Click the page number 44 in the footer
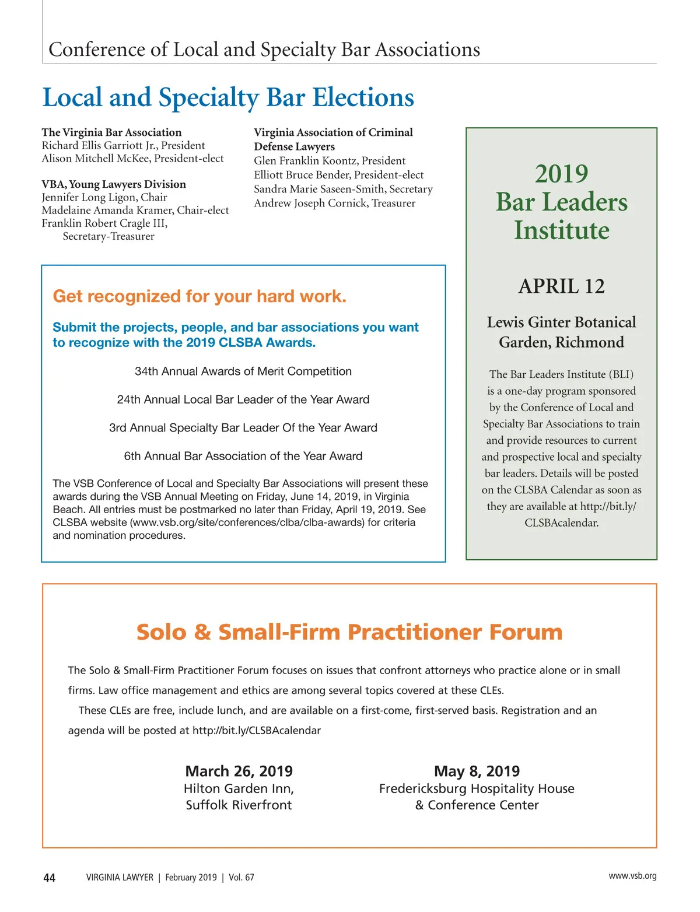click(x=50, y=878)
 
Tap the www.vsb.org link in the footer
click(x=632, y=876)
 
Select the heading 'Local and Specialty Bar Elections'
click(x=228, y=97)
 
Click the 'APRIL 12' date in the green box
click(x=561, y=286)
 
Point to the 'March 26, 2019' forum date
click(x=239, y=771)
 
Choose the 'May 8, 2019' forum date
click(x=477, y=771)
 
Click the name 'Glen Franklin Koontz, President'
click(x=330, y=160)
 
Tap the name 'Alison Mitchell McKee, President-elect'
click(x=132, y=159)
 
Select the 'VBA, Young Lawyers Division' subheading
click(x=114, y=184)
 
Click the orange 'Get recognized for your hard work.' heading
click(x=199, y=296)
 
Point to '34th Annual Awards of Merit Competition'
click(x=243, y=371)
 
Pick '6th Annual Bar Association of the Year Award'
click(x=243, y=456)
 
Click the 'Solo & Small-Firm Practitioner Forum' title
click(x=349, y=632)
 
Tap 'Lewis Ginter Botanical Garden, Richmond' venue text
click(x=561, y=332)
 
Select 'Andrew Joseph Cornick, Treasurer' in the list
click(x=334, y=203)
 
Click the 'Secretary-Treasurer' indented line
click(x=108, y=236)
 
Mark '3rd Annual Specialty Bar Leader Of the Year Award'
click(x=243, y=428)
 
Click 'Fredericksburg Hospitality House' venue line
click(x=477, y=789)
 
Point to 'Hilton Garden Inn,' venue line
click(x=239, y=789)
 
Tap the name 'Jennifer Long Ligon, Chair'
click(x=104, y=197)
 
